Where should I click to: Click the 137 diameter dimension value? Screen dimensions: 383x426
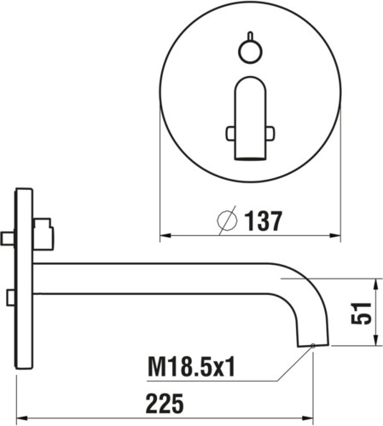pos(264,221)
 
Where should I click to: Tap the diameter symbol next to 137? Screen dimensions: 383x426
pos(227,221)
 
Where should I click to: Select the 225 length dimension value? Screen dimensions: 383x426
pos(165,403)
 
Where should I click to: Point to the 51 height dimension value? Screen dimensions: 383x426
pos(361,313)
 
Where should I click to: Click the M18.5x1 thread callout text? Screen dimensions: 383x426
pos(191,367)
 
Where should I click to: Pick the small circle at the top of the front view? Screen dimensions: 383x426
pos(250,52)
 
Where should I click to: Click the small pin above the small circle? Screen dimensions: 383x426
pos(250,36)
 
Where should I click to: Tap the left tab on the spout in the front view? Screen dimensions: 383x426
pos(230,133)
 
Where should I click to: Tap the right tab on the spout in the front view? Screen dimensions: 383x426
pos(270,133)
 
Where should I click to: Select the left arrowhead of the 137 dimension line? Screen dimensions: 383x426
pos(165,235)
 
